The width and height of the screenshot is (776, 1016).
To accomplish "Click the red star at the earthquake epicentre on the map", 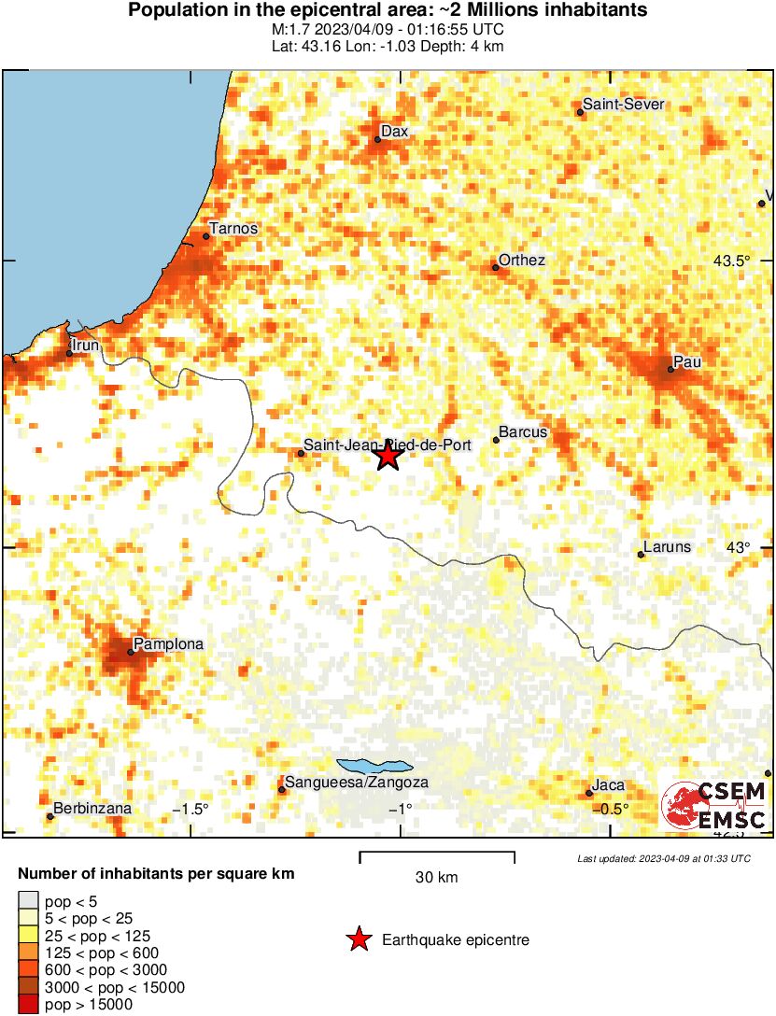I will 388,457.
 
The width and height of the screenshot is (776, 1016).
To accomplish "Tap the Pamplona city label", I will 168,643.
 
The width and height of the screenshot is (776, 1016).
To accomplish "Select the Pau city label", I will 687,361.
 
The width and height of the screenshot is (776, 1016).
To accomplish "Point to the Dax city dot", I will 378,140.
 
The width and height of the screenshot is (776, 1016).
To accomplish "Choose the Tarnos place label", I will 233,228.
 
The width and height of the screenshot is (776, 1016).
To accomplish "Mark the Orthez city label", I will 522,260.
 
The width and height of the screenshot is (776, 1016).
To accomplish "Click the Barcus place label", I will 523,432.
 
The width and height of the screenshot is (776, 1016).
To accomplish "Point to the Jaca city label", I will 608,785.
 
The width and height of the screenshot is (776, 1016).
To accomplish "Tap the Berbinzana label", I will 92,808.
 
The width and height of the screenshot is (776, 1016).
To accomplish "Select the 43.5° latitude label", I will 731,261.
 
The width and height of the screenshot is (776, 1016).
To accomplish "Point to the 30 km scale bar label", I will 436,877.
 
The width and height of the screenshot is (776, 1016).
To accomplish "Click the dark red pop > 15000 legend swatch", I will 28,1005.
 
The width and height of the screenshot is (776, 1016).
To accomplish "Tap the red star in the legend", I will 359,939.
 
